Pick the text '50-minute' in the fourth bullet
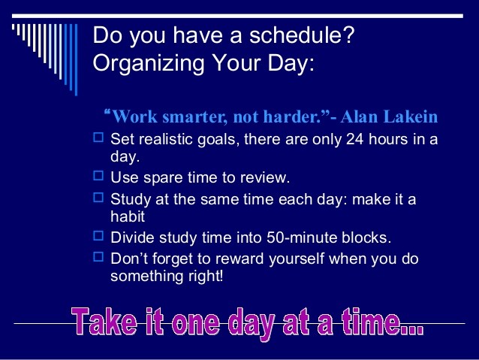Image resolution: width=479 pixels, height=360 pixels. (300, 238)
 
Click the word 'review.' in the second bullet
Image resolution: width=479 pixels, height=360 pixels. (264, 179)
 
